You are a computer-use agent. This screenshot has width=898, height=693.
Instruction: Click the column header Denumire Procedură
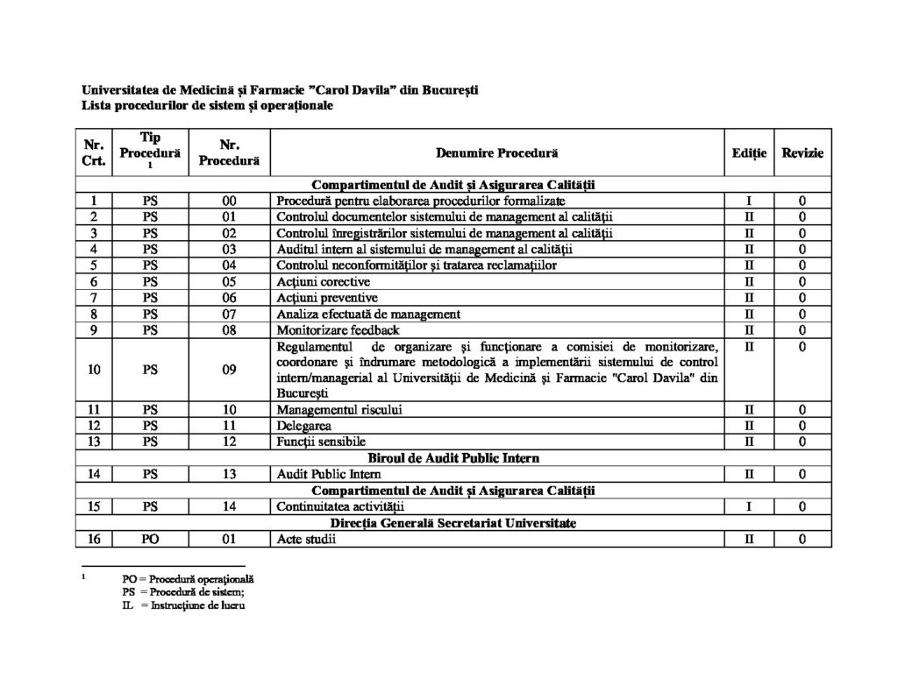pyautogui.click(x=496, y=153)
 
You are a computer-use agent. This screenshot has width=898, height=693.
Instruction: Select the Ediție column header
pyautogui.click(x=749, y=153)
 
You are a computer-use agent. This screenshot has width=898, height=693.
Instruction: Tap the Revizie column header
pyautogui.click(x=802, y=153)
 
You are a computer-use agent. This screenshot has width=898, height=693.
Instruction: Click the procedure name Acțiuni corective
pyautogui.click(x=323, y=281)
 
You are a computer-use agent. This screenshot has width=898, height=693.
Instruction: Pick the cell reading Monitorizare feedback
pyautogui.click(x=338, y=329)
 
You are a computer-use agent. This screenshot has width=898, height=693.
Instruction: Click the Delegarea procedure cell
pyautogui.click(x=303, y=425)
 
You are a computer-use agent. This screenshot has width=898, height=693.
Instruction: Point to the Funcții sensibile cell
pyautogui.click(x=321, y=441)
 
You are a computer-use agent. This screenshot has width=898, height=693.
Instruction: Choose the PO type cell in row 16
pyautogui.click(x=150, y=539)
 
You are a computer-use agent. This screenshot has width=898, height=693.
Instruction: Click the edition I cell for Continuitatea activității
pyautogui.click(x=749, y=506)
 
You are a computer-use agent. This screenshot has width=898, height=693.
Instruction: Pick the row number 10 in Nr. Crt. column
pyautogui.click(x=93, y=370)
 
